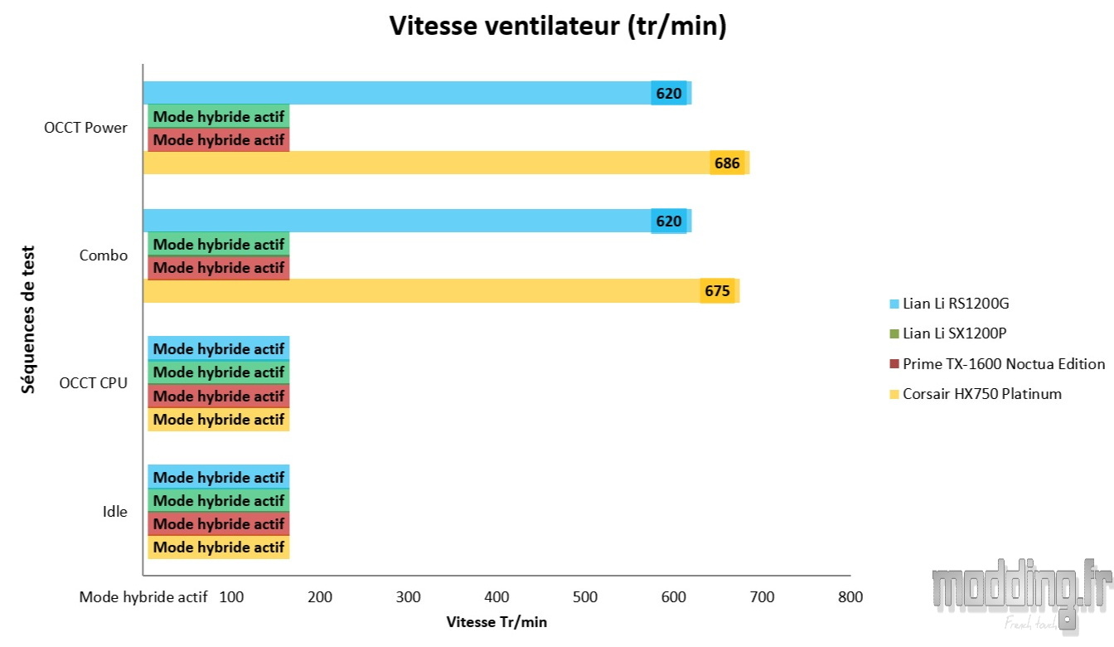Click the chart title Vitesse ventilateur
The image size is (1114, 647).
pos(557,26)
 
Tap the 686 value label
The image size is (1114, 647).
pos(727,163)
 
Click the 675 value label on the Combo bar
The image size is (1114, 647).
pos(717,291)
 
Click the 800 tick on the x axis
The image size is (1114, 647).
pos(850,596)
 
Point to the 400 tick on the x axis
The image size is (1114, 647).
pos(496,596)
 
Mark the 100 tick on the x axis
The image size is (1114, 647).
pos(231,596)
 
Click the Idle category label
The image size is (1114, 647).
pos(114,512)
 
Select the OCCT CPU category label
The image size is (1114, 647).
pos(94,384)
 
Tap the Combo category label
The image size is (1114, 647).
pos(104,255)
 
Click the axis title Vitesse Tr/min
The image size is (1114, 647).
pos(496,622)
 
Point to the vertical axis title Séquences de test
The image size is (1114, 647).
pos(29,319)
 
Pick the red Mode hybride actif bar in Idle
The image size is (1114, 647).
pos(218,524)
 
